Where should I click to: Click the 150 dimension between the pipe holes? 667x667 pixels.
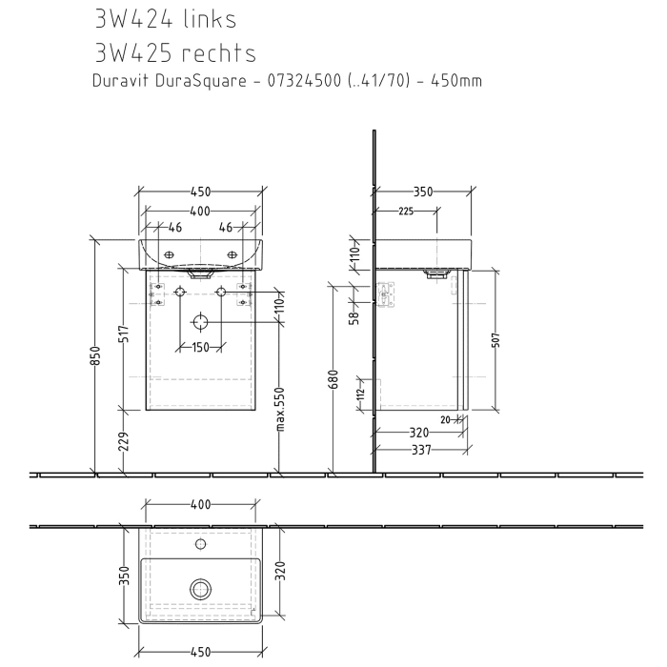pos(200,347)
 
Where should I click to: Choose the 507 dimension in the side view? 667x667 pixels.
pos(496,342)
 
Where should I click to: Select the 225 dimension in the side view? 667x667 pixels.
pos(404,212)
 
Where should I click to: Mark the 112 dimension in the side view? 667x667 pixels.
pos(360,394)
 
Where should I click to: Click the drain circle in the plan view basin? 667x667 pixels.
pos(200,589)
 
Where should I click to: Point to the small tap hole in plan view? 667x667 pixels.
pos(200,545)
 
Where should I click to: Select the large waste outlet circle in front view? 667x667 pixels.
pos(200,322)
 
